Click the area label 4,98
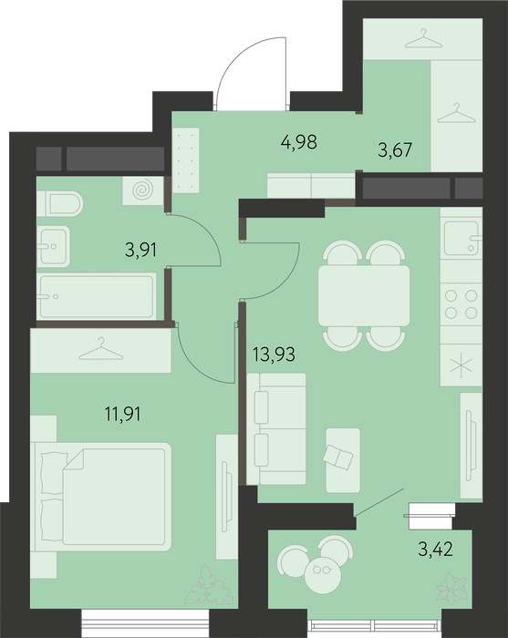[299, 142]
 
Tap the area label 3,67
[395, 150]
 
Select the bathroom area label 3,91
[140, 250]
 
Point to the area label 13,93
[274, 355]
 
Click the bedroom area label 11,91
[122, 414]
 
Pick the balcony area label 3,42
[435, 550]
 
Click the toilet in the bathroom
[60, 203]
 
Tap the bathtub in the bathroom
[97, 296]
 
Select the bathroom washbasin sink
[53, 246]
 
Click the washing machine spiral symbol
[143, 190]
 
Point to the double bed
[101, 497]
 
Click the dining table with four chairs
[364, 296]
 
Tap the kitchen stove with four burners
[461, 304]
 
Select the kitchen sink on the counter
[461, 238]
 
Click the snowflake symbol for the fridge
[461, 365]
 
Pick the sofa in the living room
[276, 429]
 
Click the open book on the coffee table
[337, 458]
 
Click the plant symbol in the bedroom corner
[206, 584]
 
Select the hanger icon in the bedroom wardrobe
[101, 349]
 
